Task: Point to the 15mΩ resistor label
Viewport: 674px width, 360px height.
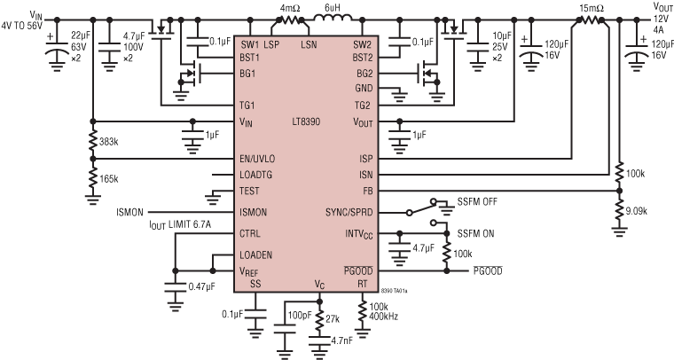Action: tap(591, 8)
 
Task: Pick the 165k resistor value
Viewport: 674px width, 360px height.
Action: tap(109, 178)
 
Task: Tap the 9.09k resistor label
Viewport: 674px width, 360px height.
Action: tap(637, 212)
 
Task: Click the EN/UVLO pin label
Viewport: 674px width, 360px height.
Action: tap(257, 158)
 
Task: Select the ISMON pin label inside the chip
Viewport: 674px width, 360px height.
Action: tap(255, 213)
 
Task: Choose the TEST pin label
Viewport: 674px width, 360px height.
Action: tap(249, 191)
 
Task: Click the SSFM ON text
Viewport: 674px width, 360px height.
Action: tap(476, 233)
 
